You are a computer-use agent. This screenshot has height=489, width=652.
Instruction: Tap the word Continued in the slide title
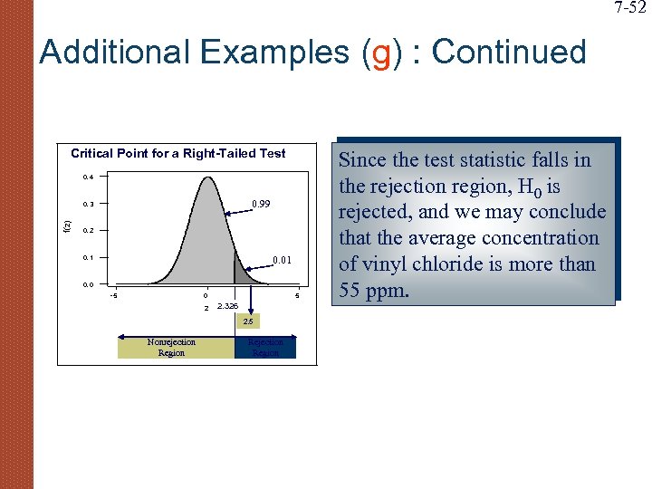(510, 53)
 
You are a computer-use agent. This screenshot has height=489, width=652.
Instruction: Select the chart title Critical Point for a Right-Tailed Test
(178, 154)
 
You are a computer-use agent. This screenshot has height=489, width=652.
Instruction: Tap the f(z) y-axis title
(64, 217)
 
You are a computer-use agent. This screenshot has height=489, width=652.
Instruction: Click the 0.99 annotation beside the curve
(261, 205)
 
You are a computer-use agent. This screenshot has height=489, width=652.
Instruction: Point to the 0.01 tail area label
(283, 262)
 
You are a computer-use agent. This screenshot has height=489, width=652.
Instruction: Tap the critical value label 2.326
(227, 307)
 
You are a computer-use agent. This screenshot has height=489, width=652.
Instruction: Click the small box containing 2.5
(247, 321)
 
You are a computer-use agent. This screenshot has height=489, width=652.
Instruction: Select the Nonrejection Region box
(171, 348)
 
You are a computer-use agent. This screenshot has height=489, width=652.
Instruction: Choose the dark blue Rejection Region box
(265, 348)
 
